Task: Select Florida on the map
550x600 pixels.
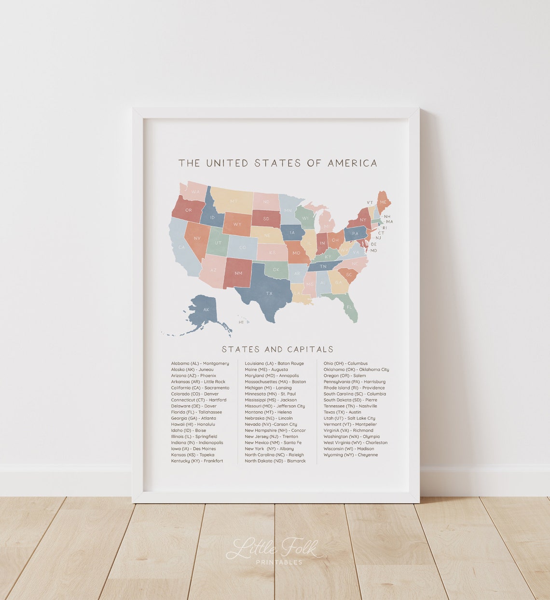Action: [348, 307]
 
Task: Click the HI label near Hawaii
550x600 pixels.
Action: [241, 322]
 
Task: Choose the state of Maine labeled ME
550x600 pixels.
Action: [384, 202]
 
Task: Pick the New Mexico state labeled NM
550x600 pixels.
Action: [238, 273]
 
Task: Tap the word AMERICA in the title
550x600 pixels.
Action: [352, 163]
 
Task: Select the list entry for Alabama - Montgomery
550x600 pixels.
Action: [200, 364]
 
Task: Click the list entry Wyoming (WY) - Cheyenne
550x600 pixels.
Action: [351, 455]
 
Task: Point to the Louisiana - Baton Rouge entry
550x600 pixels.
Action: [274, 364]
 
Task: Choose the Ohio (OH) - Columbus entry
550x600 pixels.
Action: [345, 364]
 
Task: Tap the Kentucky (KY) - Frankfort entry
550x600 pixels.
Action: [197, 461]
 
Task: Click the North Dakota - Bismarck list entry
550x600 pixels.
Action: [275, 461]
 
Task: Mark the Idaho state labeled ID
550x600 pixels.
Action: [212, 218]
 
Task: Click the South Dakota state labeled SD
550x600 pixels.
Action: [266, 218]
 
